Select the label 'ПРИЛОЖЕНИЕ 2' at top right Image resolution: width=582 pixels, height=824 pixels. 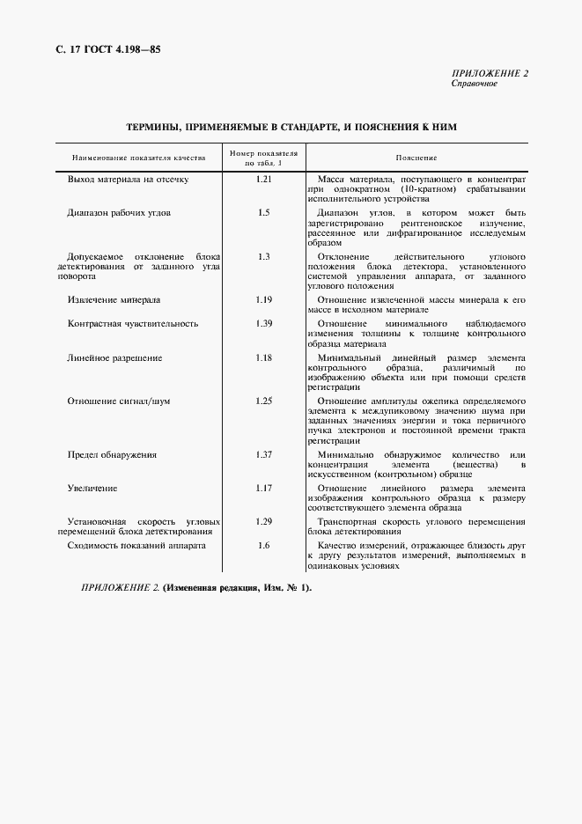[x=490, y=73]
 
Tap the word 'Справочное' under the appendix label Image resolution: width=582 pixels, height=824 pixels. [x=475, y=84]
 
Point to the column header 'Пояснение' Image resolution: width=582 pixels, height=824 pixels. [x=416, y=158]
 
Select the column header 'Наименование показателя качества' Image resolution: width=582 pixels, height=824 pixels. [x=139, y=158]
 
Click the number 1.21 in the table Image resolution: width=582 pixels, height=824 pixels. [x=263, y=179]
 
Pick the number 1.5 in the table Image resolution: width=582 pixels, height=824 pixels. [x=263, y=213]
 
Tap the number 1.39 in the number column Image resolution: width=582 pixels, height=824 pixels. [x=263, y=323]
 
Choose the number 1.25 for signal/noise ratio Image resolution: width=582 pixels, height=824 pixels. [x=263, y=401]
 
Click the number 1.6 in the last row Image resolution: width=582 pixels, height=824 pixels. [x=263, y=545]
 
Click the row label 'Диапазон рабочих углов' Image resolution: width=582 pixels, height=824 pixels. [x=119, y=213]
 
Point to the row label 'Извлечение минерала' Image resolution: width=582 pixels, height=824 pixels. [x=114, y=299]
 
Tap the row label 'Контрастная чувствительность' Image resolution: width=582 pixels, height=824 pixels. [x=133, y=323]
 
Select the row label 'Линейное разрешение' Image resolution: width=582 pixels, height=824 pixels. [x=114, y=357]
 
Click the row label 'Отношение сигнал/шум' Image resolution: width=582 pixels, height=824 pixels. [x=119, y=401]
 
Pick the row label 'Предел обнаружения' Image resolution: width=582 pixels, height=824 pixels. [x=112, y=454]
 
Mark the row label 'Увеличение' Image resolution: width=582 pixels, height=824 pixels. [x=92, y=488]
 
